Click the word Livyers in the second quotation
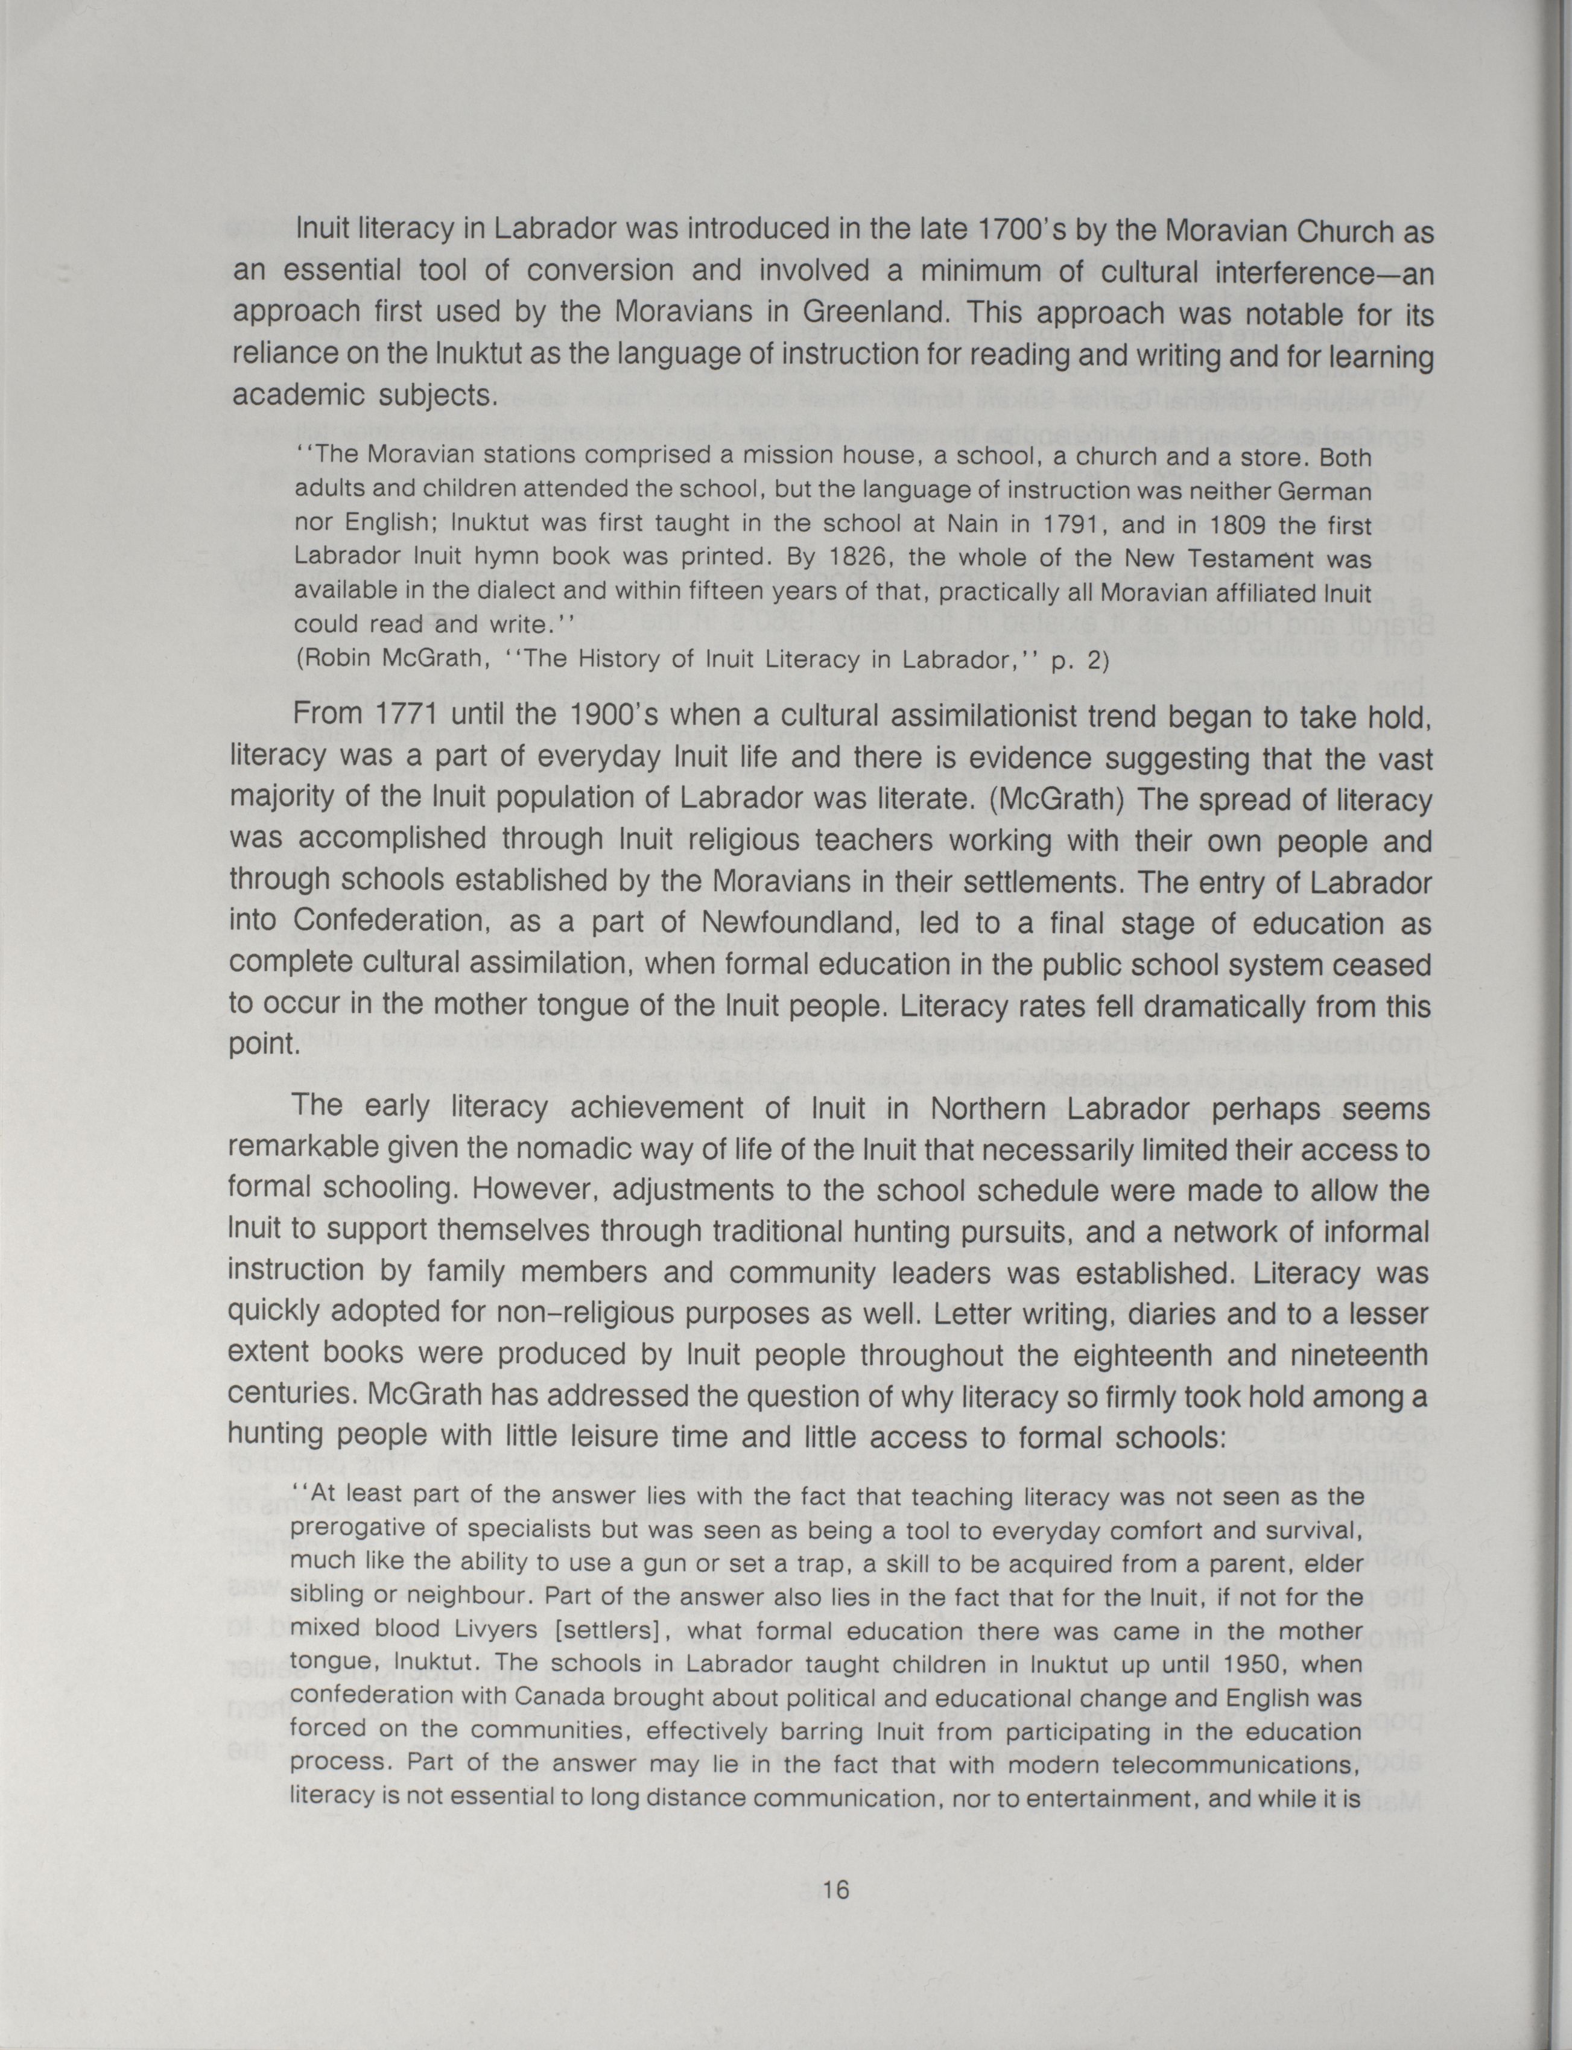point(493,1629)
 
